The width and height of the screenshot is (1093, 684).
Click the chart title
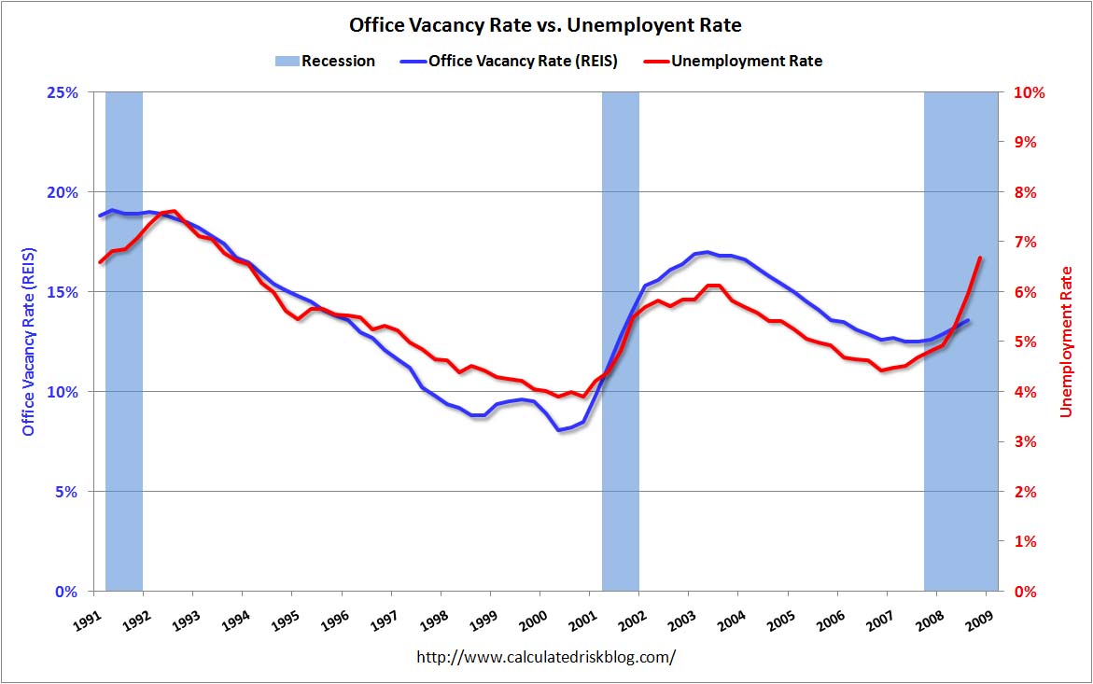click(x=546, y=24)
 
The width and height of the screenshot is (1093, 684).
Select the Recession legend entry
click(x=325, y=62)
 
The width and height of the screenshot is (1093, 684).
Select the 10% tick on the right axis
click(x=1025, y=92)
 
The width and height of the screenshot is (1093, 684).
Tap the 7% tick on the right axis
click(x=1021, y=242)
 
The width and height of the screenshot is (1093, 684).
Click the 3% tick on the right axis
click(x=1021, y=441)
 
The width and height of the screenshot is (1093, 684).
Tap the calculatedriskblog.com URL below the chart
click(x=545, y=657)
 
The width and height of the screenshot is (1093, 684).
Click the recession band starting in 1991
click(x=123, y=342)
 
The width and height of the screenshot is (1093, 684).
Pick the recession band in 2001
click(x=620, y=342)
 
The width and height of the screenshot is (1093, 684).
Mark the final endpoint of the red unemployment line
click(x=980, y=258)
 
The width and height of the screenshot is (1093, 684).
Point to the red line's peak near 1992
click(x=175, y=211)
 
